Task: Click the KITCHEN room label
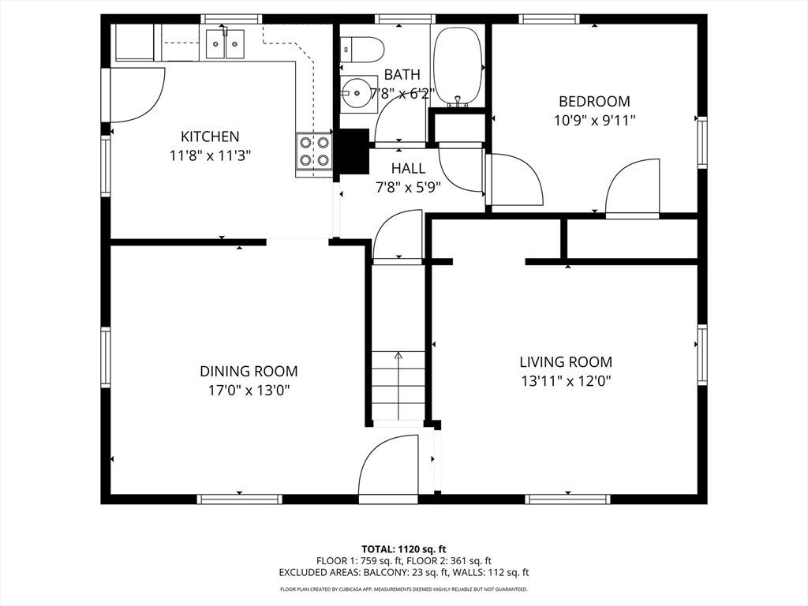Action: pyautogui.click(x=210, y=137)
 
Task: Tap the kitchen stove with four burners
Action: pyautogui.click(x=314, y=151)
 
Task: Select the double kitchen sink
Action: pyautogui.click(x=225, y=44)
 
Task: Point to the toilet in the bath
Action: pyautogui.click(x=363, y=50)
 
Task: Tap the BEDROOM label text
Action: pyautogui.click(x=594, y=101)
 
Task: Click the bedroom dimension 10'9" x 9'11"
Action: pyautogui.click(x=594, y=121)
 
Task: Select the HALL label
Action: pyautogui.click(x=408, y=169)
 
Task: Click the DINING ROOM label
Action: pyautogui.click(x=249, y=371)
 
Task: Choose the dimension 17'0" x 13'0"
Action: pyautogui.click(x=249, y=391)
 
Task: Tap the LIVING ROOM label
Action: pyautogui.click(x=566, y=361)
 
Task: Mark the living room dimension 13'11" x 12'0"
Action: pyautogui.click(x=566, y=381)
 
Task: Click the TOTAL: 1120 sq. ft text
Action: pyautogui.click(x=403, y=549)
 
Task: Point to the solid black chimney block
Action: pyautogui.click(x=353, y=151)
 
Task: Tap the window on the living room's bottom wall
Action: pyautogui.click(x=568, y=499)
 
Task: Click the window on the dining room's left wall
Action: pyautogui.click(x=106, y=357)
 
